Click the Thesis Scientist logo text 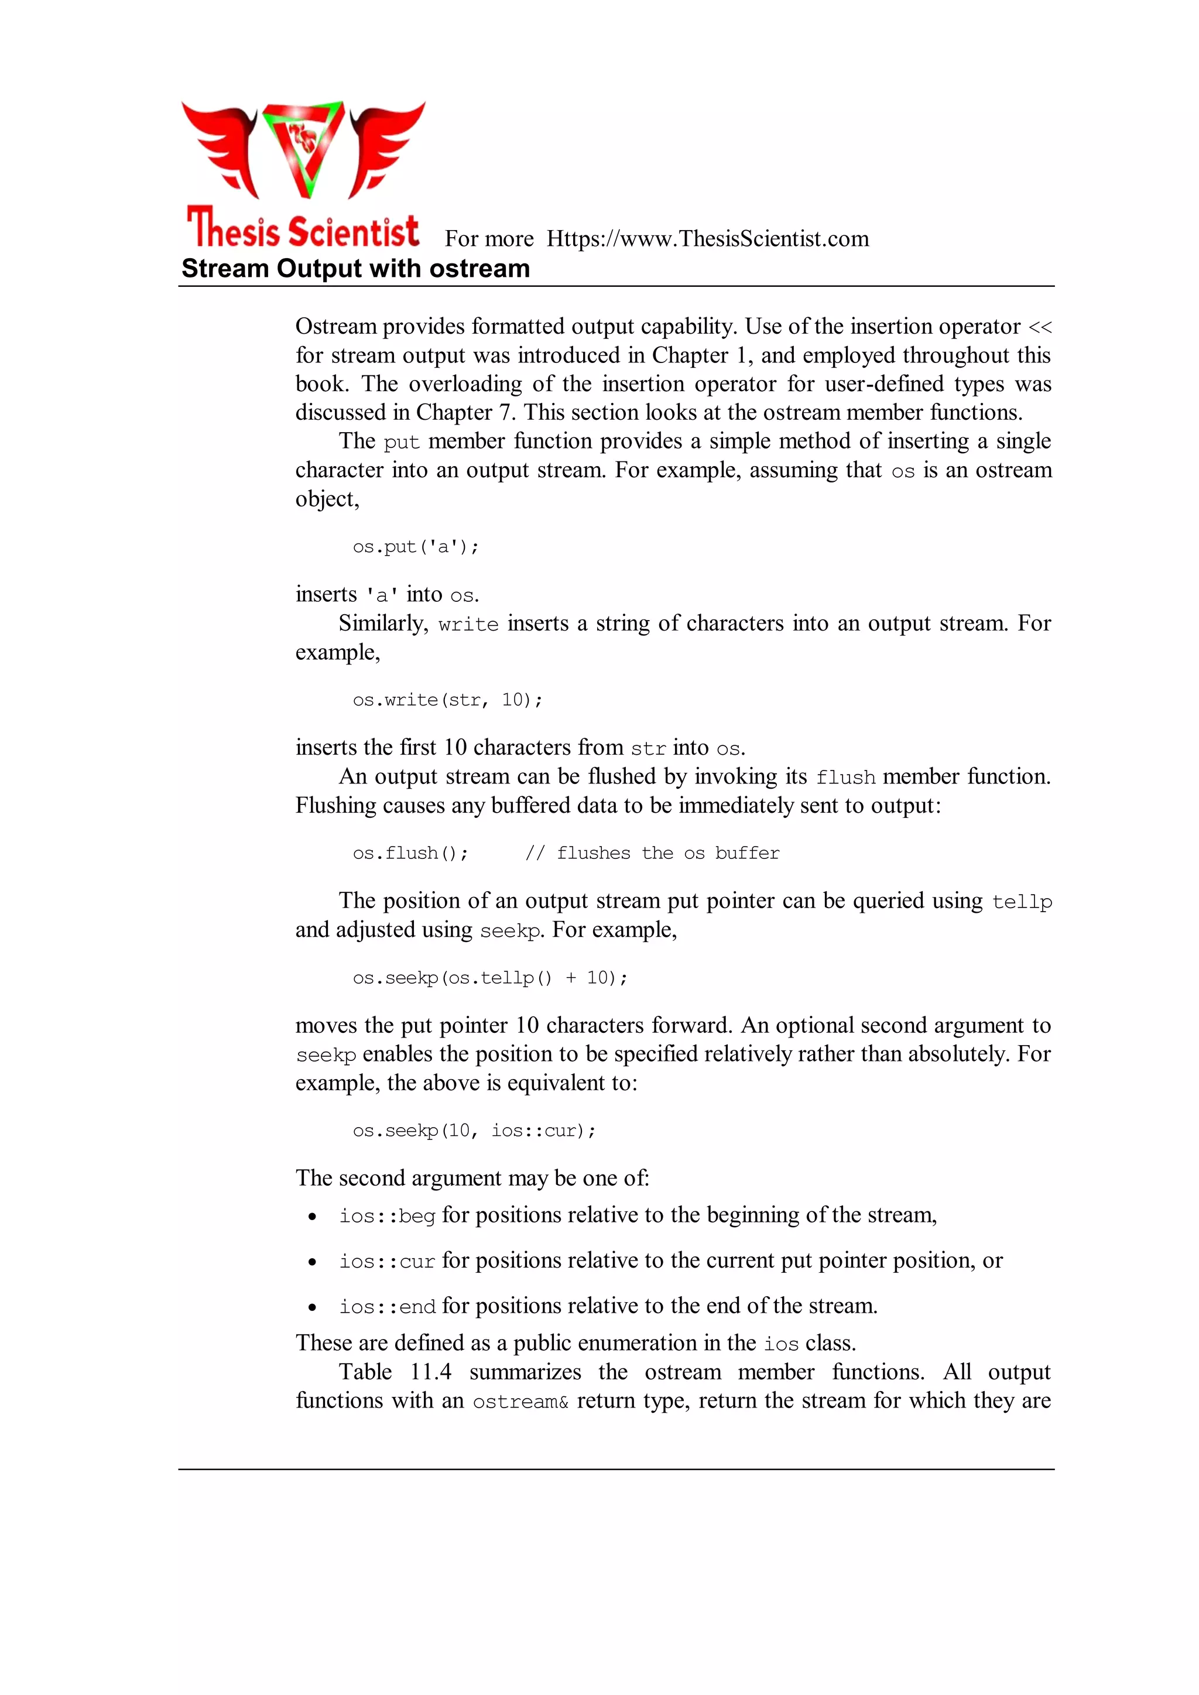[x=303, y=229]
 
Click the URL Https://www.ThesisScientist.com [x=707, y=239]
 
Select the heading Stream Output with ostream [x=355, y=269]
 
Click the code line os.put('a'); [x=416, y=547]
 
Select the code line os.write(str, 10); [x=447, y=700]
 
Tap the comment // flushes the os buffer [x=652, y=854]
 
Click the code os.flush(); [x=410, y=854]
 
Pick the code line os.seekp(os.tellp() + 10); [x=490, y=978]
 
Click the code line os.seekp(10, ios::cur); [x=474, y=1131]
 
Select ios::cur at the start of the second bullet [x=387, y=1262]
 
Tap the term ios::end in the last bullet [x=387, y=1307]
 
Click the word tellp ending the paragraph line [x=1022, y=902]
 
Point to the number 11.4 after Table [x=430, y=1372]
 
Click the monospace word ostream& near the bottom [x=520, y=1401]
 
